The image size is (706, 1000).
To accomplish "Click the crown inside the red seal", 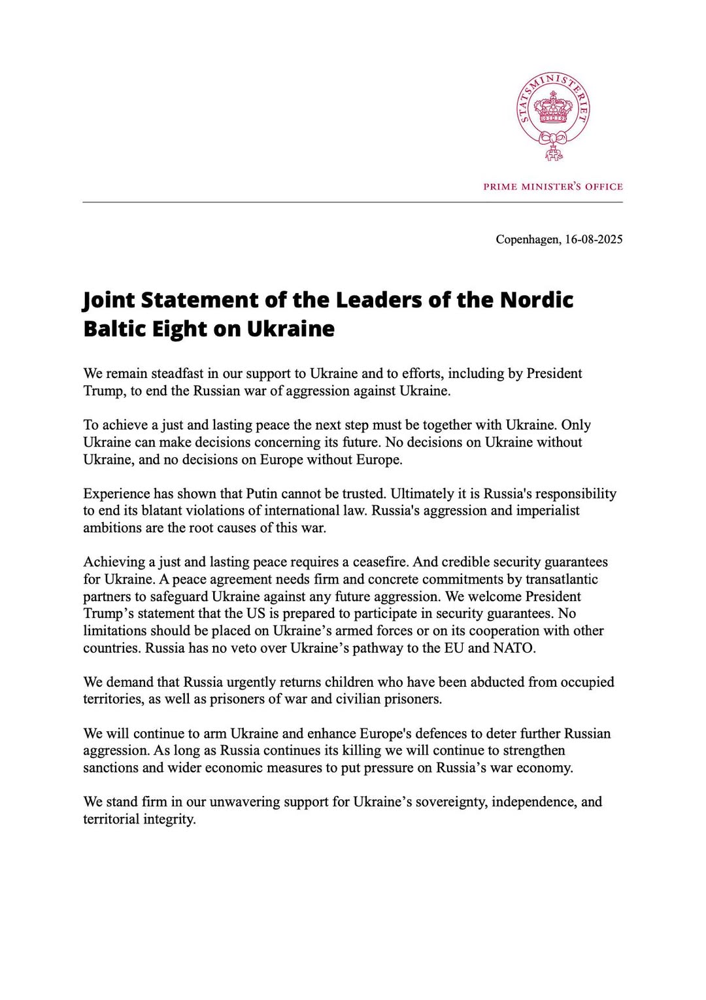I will coord(553,109).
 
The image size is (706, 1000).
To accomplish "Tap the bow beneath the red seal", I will coord(554,139).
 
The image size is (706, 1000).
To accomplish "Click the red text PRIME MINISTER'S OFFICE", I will coord(553,186).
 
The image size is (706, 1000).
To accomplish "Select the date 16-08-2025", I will coord(594,239).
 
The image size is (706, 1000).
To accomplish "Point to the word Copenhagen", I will coord(528,239).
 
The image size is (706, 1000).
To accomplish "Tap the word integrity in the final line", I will coord(170,819).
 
